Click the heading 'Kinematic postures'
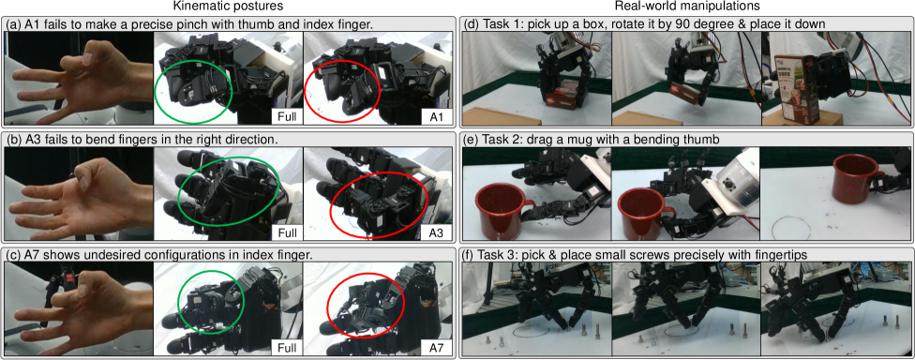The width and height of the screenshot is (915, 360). (226, 7)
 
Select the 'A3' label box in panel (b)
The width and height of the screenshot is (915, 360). (436, 232)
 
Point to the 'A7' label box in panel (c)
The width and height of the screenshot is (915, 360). (436, 349)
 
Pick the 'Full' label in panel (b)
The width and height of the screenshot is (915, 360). (287, 232)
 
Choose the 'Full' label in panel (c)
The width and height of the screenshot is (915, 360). (287, 349)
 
